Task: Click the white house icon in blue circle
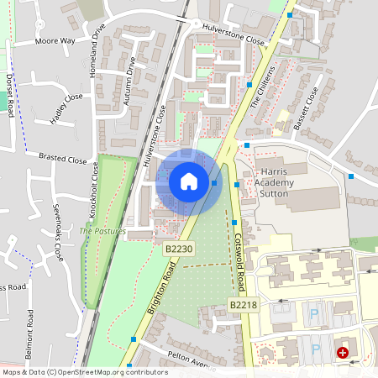[x=189, y=181]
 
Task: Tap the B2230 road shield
[x=179, y=249]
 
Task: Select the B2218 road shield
[x=242, y=305]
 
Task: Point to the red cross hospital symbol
[x=343, y=354]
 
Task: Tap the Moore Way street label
[x=55, y=40]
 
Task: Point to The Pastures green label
[x=102, y=231]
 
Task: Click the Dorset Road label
[x=11, y=95]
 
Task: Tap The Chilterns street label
[x=263, y=84]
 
